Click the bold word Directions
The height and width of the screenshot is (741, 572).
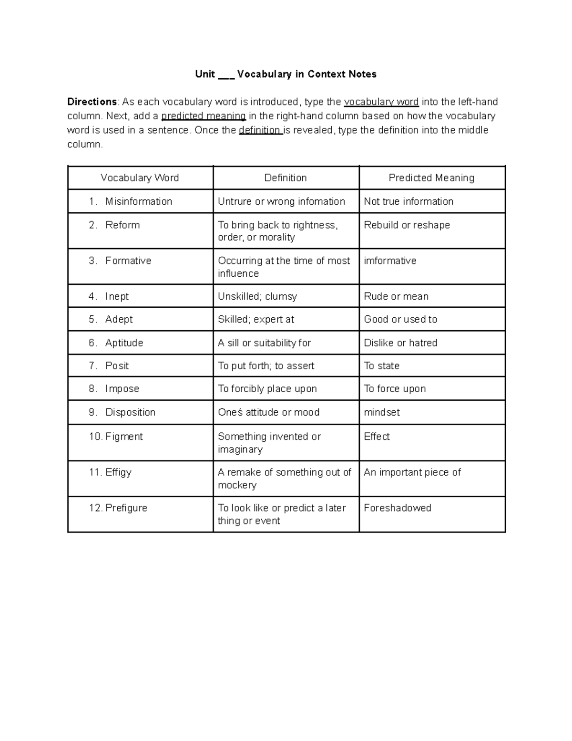(x=92, y=102)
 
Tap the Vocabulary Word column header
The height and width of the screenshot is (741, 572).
(x=140, y=178)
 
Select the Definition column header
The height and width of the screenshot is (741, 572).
(x=286, y=178)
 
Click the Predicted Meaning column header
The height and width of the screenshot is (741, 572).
(x=431, y=178)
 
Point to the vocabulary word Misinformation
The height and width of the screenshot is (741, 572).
(x=138, y=201)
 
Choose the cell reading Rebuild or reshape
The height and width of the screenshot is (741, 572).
(x=407, y=225)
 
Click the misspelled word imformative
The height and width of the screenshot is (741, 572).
(x=390, y=261)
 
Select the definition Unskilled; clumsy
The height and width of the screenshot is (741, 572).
(x=257, y=296)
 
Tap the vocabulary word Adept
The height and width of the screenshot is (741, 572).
(x=119, y=319)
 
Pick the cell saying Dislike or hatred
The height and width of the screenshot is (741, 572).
(x=400, y=343)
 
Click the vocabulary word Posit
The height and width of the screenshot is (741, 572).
(x=117, y=365)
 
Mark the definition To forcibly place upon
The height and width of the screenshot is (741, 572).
(x=267, y=389)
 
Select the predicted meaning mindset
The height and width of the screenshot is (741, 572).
(x=382, y=412)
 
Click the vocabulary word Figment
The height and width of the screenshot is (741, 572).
(x=124, y=437)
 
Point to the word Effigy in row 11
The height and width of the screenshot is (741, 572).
(x=118, y=472)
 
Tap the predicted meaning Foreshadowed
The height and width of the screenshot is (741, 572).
(x=398, y=508)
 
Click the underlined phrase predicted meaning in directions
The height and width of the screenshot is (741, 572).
(x=204, y=116)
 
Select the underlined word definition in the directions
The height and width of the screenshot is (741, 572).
(x=260, y=130)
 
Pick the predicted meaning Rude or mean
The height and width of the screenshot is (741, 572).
(x=396, y=296)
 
